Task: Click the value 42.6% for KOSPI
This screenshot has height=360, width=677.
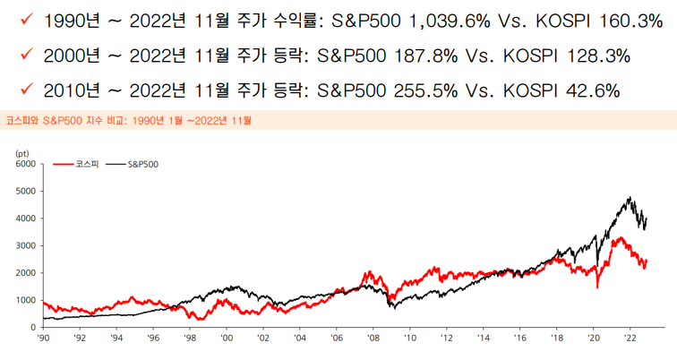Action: click(x=592, y=90)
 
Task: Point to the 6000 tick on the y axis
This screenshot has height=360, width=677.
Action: click(x=25, y=165)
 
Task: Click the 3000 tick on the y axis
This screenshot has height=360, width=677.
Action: click(x=25, y=245)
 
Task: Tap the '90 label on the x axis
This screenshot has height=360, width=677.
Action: click(x=43, y=339)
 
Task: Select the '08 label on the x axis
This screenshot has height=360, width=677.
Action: click(x=373, y=339)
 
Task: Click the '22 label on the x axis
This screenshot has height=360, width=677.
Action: click(x=630, y=339)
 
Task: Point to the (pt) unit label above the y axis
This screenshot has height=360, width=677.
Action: click(x=25, y=154)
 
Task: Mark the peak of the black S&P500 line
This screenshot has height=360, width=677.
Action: click(x=630, y=198)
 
